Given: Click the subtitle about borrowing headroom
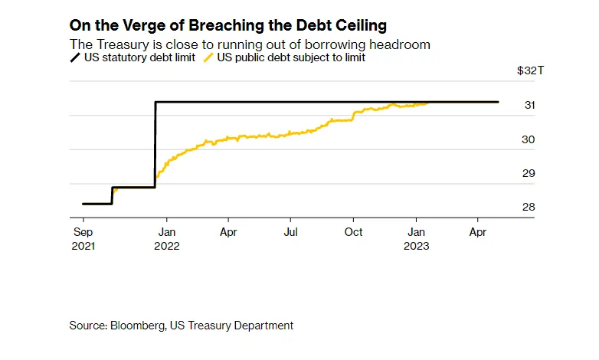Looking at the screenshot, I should click(250, 44).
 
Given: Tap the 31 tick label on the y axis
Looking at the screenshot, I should click(529, 106).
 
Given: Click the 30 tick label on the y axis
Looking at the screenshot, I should click(529, 139).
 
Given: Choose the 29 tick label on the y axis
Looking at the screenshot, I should click(529, 173).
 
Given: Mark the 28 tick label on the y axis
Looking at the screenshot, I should click(529, 207).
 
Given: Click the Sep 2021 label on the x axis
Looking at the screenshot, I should click(83, 237).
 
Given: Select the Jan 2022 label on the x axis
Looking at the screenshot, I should click(167, 237).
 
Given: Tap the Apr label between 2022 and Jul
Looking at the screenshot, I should click(227, 231).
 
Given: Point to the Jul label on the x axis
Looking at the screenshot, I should click(290, 231).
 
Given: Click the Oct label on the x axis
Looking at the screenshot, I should click(353, 231).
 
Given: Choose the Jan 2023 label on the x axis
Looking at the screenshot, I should click(417, 237).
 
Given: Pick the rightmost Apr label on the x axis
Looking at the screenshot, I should click(477, 231).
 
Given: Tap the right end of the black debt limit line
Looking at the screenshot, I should click(498, 102).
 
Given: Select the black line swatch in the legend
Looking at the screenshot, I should click(75, 57).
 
